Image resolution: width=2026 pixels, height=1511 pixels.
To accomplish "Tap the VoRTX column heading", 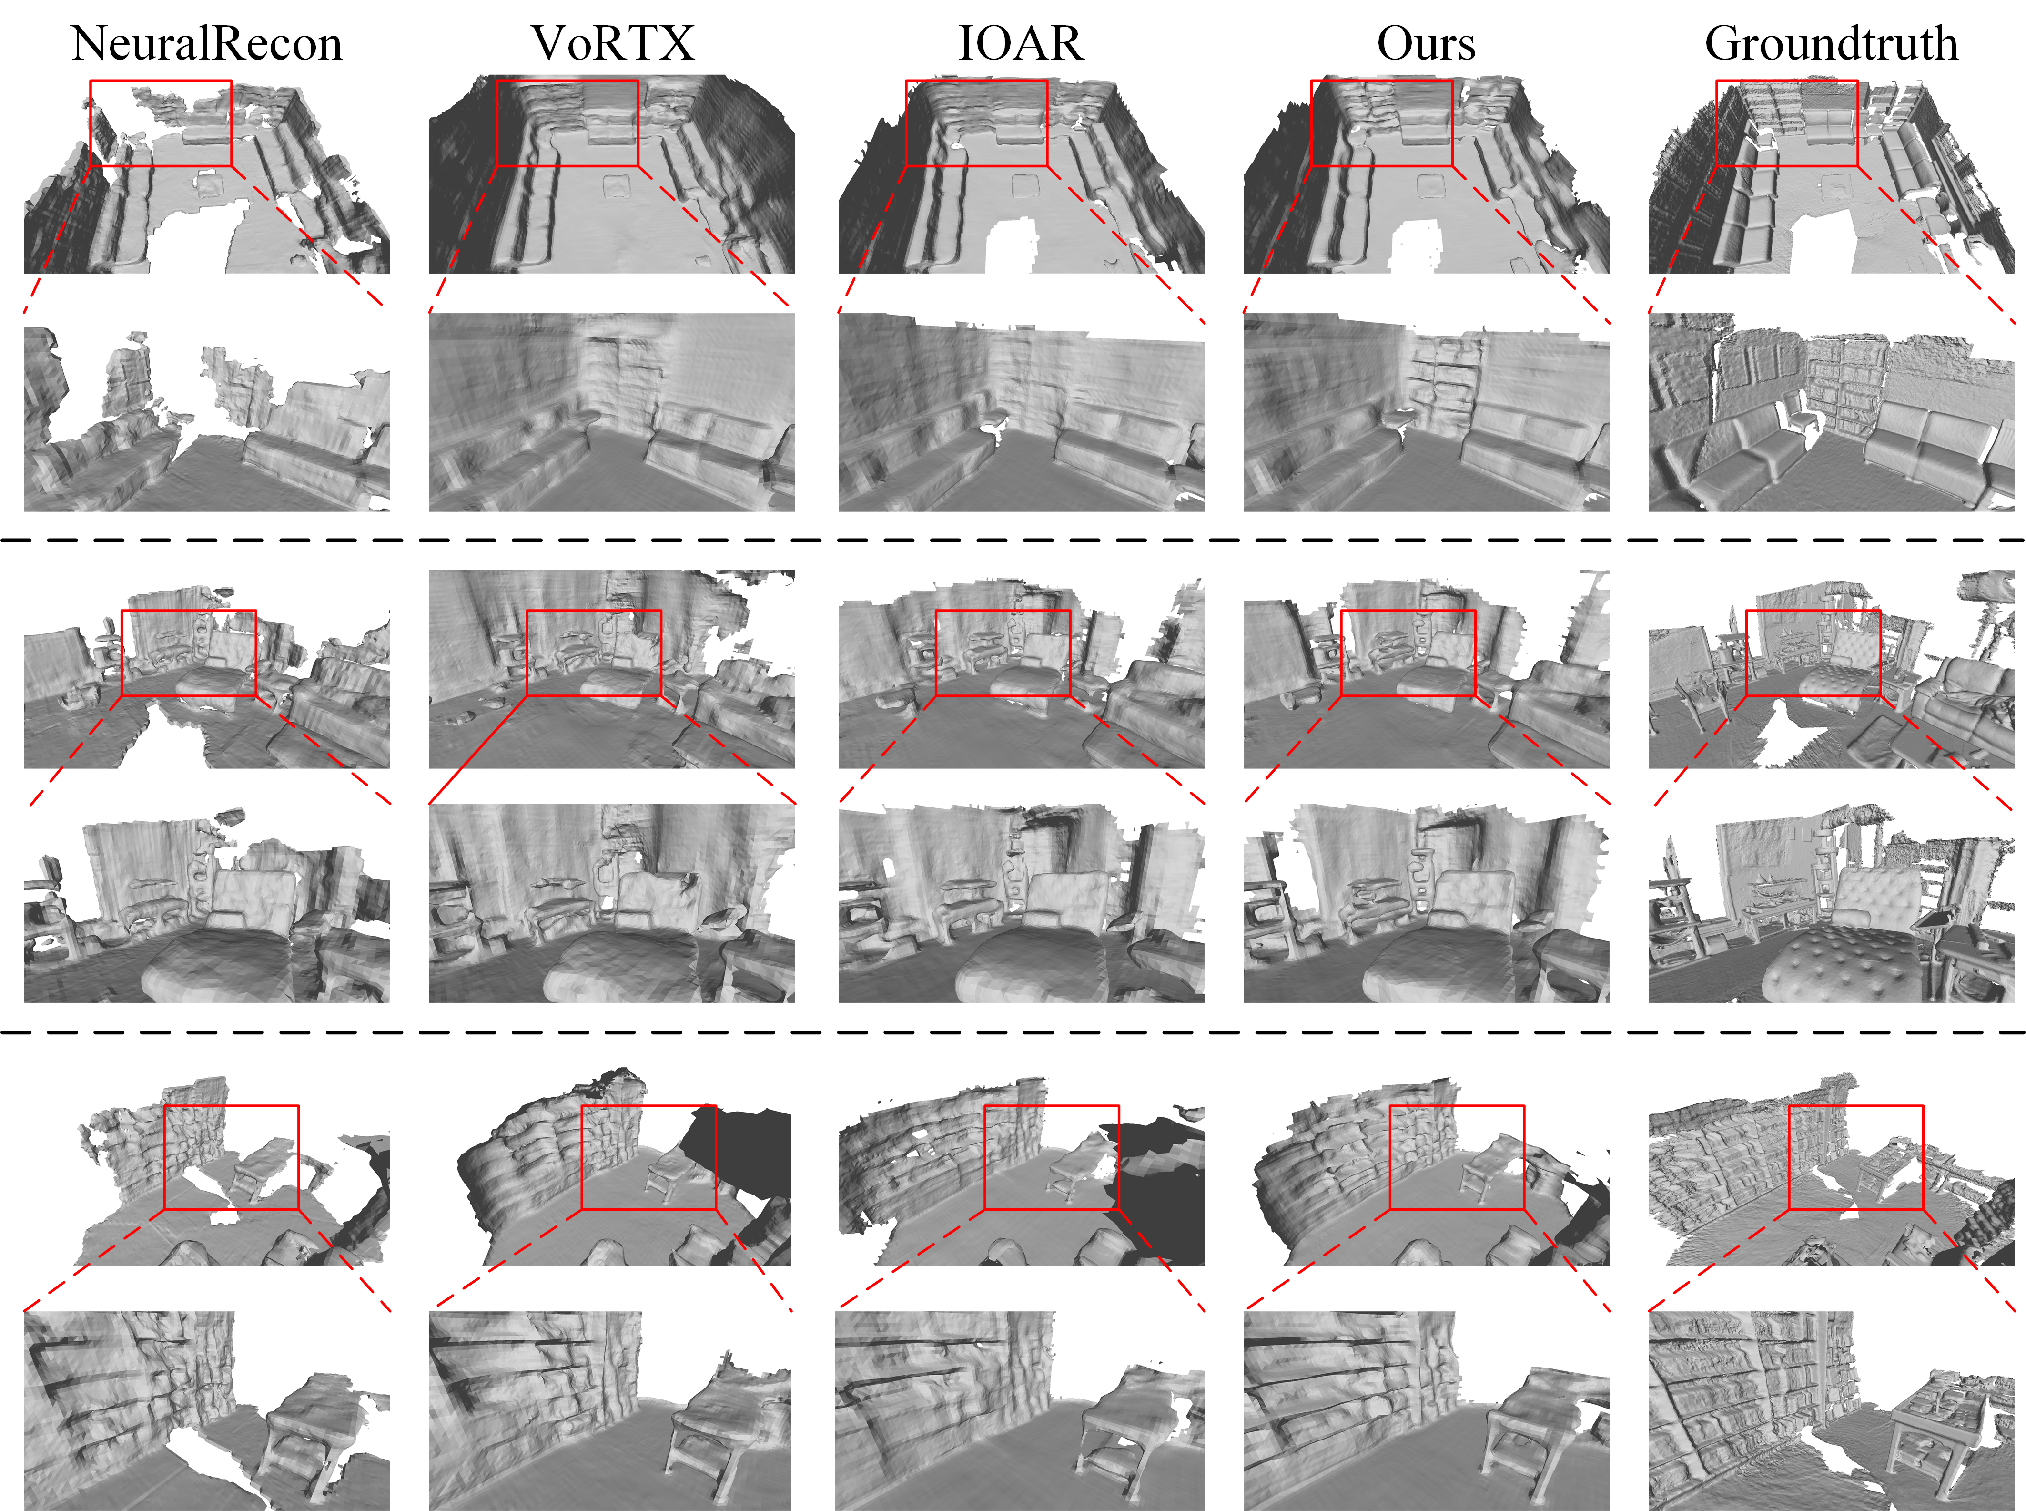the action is (613, 43).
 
